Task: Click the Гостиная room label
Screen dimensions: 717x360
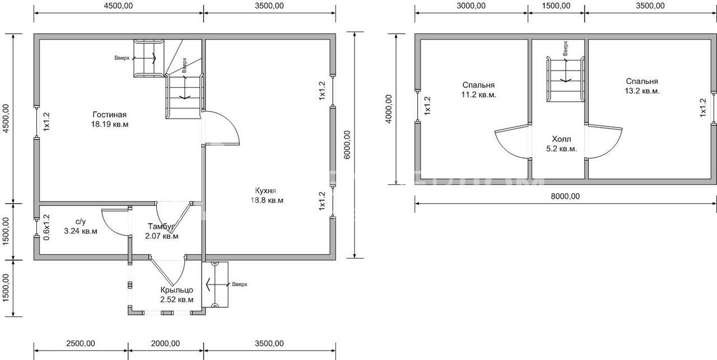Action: point(109,115)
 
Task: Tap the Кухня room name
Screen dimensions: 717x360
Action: point(266,191)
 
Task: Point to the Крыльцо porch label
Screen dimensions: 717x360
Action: point(176,290)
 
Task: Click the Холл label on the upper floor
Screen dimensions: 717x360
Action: point(561,139)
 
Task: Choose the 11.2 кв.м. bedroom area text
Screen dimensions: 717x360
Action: point(478,95)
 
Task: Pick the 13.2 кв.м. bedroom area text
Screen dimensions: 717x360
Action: point(642,91)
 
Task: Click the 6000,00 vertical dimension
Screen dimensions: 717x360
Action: point(347,144)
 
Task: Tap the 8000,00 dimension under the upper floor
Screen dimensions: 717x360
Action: point(565,197)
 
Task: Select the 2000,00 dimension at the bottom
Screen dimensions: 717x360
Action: point(165,343)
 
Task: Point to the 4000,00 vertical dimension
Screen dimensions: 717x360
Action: point(389,109)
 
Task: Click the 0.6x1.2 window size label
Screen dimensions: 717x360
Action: point(46,227)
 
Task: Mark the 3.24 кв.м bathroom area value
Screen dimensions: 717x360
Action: point(81,231)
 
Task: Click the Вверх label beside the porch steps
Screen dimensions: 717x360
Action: point(240,284)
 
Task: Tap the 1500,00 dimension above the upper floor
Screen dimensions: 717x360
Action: point(556,6)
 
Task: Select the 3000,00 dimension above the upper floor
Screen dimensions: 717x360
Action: point(471,6)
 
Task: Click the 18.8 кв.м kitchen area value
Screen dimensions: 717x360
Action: point(267,200)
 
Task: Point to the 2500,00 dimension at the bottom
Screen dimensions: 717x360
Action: point(81,343)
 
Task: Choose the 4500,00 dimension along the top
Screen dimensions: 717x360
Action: point(118,6)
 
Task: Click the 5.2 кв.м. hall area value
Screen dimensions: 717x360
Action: point(561,149)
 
